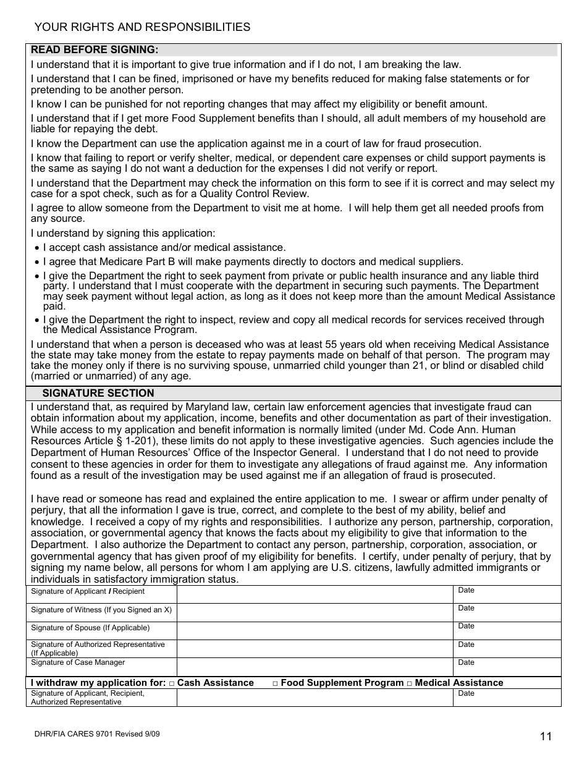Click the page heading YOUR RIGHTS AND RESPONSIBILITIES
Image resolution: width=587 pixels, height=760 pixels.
(x=142, y=27)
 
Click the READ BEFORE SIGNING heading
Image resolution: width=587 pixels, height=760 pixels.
(x=95, y=50)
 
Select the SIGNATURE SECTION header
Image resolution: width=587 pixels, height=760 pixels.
(x=98, y=394)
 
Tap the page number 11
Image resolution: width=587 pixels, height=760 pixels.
(x=546, y=736)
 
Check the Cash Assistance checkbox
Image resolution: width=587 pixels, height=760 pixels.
(x=172, y=683)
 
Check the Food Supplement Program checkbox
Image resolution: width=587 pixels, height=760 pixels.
(x=276, y=683)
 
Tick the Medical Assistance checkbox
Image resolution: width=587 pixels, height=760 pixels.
(x=410, y=683)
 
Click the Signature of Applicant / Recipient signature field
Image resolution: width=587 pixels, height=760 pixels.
(x=315, y=594)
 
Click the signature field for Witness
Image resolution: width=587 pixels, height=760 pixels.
(x=315, y=612)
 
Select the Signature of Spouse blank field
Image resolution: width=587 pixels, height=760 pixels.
(x=315, y=630)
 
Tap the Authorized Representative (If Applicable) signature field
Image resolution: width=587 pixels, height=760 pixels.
(x=315, y=649)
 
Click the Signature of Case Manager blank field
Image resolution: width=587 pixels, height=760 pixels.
(x=315, y=667)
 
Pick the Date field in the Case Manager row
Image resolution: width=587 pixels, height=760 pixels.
(x=507, y=667)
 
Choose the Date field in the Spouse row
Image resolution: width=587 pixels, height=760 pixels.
(x=507, y=630)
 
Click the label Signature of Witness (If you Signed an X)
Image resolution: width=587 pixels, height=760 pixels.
(x=101, y=610)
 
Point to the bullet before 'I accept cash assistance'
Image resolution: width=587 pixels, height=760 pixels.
(x=37, y=248)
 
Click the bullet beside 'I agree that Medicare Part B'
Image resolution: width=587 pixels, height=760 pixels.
(x=37, y=263)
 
